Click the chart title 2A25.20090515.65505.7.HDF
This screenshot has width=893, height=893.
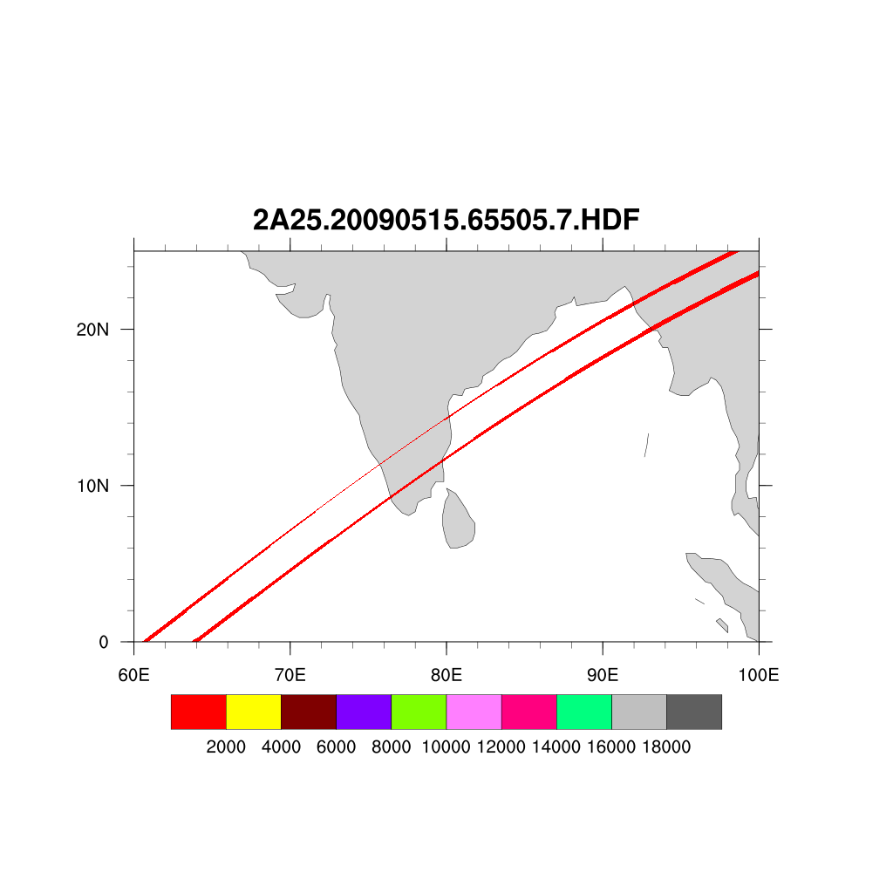pyautogui.click(x=446, y=221)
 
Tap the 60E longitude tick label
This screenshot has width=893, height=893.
pyautogui.click(x=133, y=675)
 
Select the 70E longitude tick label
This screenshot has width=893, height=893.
pyautogui.click(x=290, y=675)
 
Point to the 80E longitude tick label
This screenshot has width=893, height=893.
pyautogui.click(x=446, y=675)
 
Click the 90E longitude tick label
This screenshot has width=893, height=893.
pyautogui.click(x=603, y=675)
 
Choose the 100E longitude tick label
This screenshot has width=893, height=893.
pyautogui.click(x=759, y=675)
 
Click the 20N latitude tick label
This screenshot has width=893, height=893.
pyautogui.click(x=92, y=330)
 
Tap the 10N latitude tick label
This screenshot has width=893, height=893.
pyautogui.click(x=92, y=486)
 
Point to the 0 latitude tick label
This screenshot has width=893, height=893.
pyautogui.click(x=104, y=643)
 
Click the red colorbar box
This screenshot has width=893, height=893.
pyautogui.click(x=199, y=712)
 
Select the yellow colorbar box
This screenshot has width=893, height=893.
pyautogui.click(x=254, y=712)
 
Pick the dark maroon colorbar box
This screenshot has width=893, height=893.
pyautogui.click(x=309, y=712)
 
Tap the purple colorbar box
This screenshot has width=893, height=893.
pyautogui.click(x=364, y=712)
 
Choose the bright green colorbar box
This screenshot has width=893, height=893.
pyautogui.click(x=419, y=712)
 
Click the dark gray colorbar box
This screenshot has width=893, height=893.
pyautogui.click(x=694, y=712)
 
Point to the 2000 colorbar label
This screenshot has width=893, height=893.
pyautogui.click(x=226, y=747)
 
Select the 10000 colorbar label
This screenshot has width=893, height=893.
pyautogui.click(x=446, y=747)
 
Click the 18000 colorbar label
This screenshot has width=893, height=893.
pyautogui.click(x=666, y=747)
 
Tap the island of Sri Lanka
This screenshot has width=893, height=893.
pyautogui.click(x=458, y=521)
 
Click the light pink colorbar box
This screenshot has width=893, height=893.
pyautogui.click(x=474, y=712)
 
